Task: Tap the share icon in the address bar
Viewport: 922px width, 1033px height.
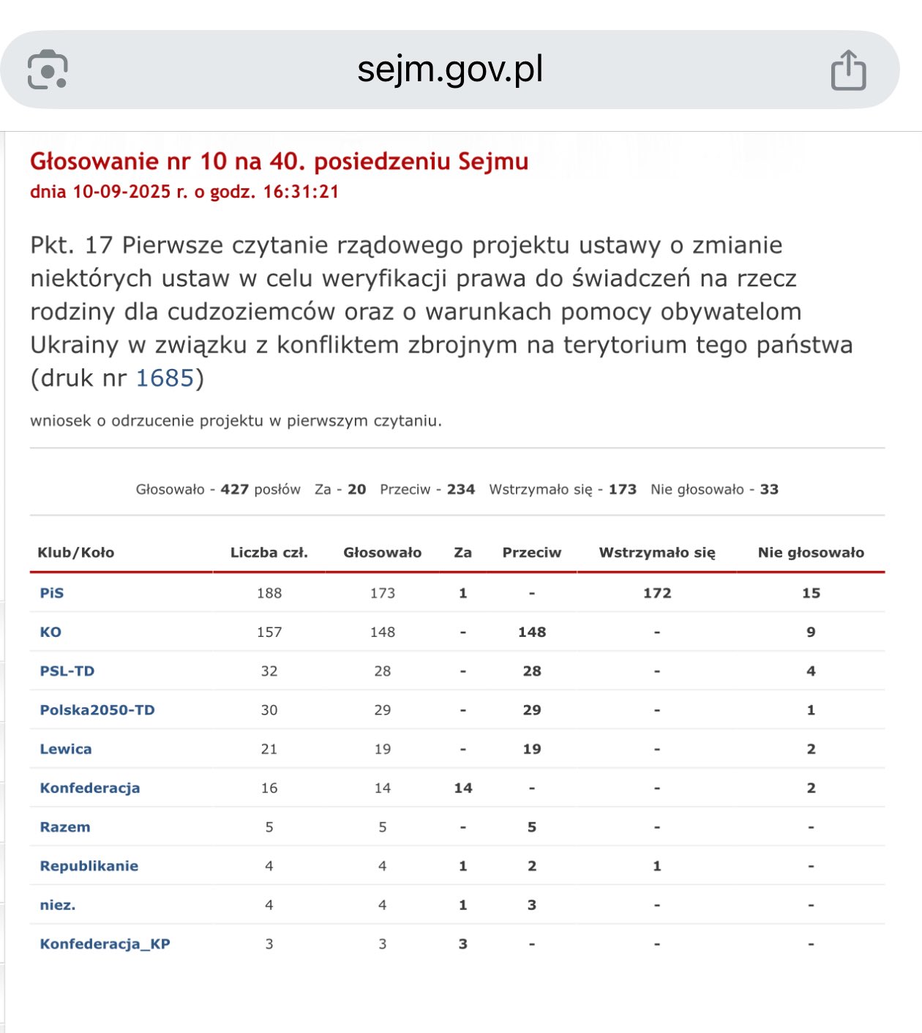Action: click(x=848, y=70)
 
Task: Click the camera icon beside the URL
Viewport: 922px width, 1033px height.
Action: click(x=48, y=70)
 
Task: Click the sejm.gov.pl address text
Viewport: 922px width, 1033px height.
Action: click(x=450, y=70)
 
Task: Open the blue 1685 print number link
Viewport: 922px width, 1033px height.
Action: click(x=165, y=378)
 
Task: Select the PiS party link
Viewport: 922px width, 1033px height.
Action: click(x=52, y=593)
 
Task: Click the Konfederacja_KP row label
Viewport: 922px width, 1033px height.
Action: click(x=105, y=944)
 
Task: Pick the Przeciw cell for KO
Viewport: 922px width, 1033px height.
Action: click(x=532, y=632)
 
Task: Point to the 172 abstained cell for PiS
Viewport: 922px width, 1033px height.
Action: click(x=657, y=593)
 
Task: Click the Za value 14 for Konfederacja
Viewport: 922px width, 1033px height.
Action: click(x=463, y=788)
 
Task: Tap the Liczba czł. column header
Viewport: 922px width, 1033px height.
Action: click(x=269, y=553)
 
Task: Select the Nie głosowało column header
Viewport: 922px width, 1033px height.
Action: click(x=811, y=553)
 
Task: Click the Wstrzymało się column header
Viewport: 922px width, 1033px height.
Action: click(x=657, y=553)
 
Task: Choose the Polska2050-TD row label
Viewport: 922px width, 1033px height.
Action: click(x=97, y=710)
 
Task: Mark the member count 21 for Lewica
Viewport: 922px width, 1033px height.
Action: click(x=269, y=749)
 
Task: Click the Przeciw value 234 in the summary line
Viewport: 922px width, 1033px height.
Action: click(x=461, y=489)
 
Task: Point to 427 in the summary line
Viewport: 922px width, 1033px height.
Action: click(x=235, y=489)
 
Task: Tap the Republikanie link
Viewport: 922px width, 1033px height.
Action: click(x=89, y=866)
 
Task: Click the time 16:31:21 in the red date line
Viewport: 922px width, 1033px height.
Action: click(x=301, y=192)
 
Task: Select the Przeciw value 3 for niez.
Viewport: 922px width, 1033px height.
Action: click(x=532, y=905)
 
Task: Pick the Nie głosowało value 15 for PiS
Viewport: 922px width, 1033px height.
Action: click(x=811, y=593)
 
